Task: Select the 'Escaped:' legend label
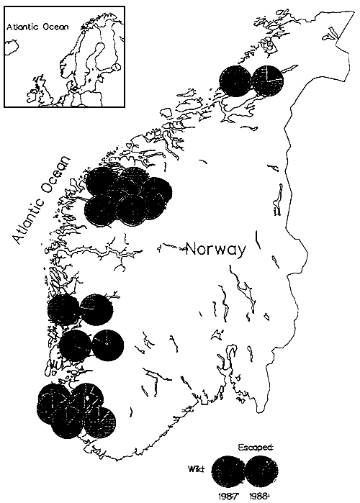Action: [260, 446]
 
